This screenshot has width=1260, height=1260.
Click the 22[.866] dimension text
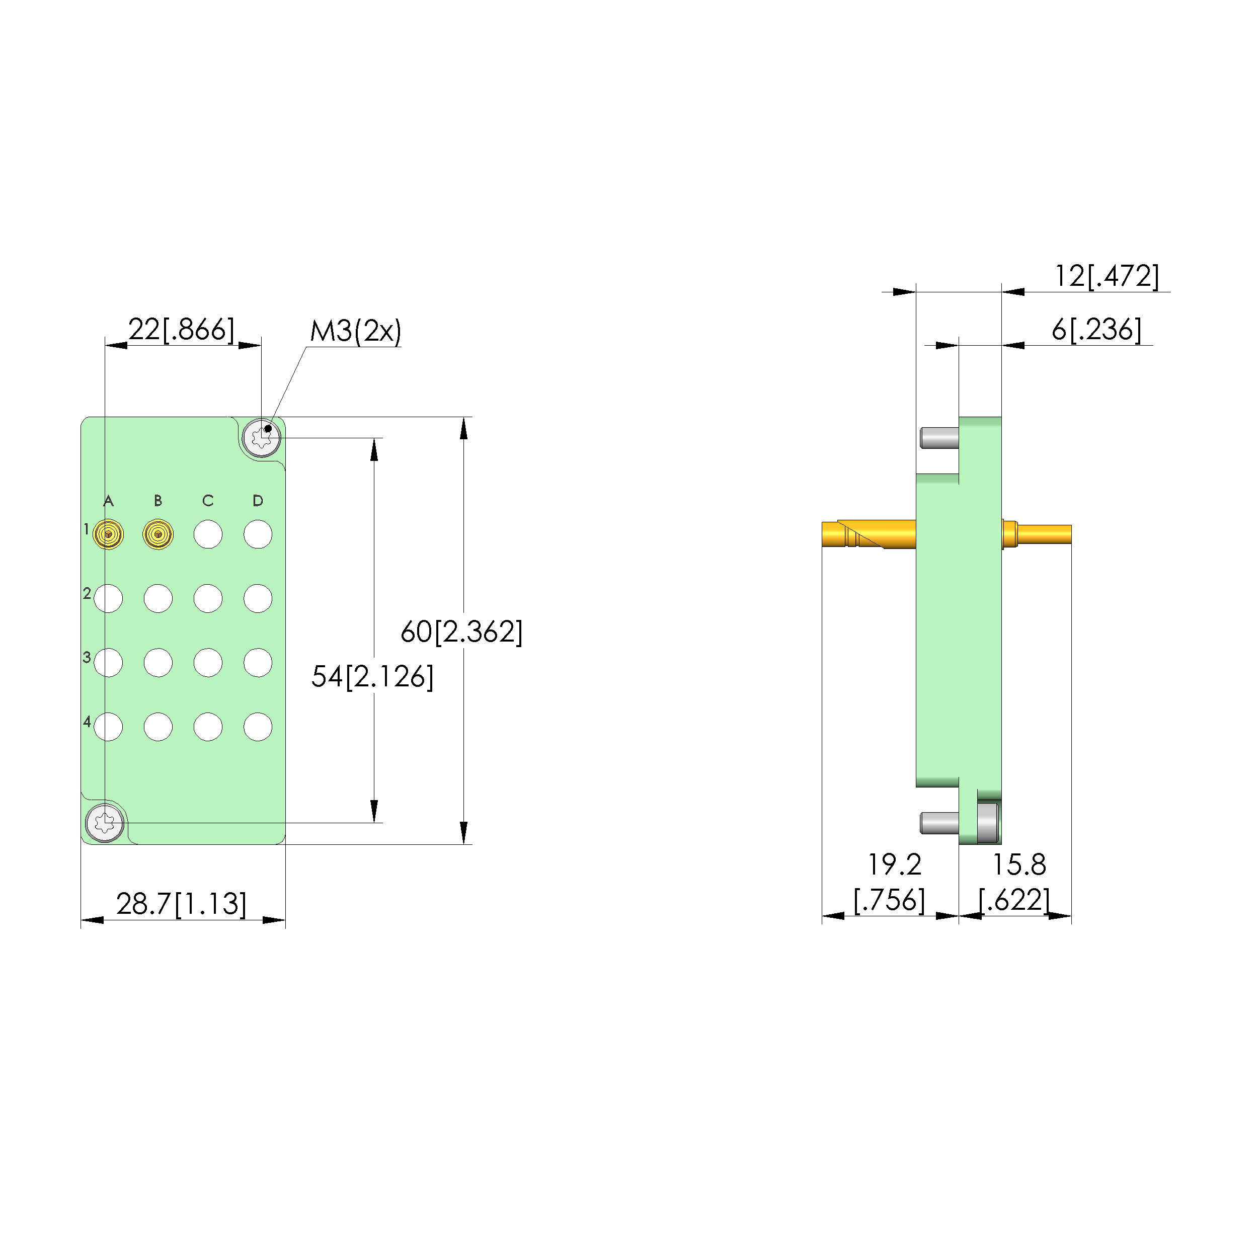181,330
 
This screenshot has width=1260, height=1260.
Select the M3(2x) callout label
355,331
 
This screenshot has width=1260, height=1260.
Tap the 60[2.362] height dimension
461,632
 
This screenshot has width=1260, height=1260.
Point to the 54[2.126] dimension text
372,676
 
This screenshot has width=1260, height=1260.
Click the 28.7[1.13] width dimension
181,904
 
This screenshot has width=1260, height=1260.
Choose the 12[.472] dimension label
1106,276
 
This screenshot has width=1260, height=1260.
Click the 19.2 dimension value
894,865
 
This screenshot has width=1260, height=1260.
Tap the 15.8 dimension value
1018,865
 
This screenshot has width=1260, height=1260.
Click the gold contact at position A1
108,535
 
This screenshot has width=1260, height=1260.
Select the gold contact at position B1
158,535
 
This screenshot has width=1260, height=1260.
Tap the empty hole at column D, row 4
258,727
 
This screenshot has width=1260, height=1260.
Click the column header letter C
208,501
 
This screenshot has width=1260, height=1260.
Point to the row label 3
87,657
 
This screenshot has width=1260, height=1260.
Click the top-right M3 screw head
262,438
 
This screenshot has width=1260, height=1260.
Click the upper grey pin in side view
939,438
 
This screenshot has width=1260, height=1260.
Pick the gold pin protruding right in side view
1043,534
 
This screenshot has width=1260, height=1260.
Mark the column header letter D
258,501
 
